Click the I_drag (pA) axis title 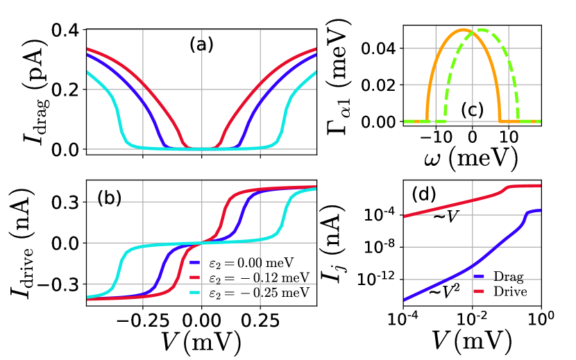(x=28, y=89)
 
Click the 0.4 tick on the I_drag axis (x=67, y=31)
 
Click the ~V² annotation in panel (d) (x=444, y=292)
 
